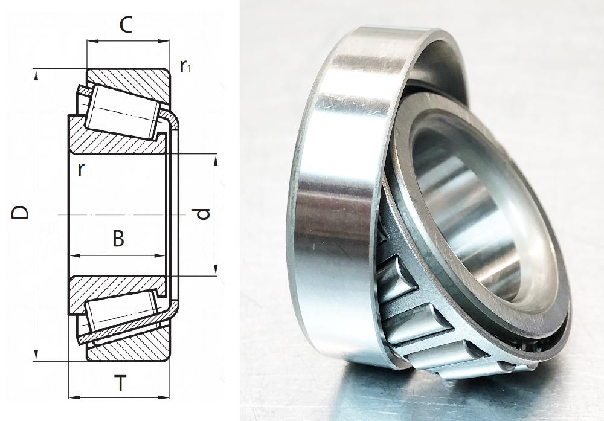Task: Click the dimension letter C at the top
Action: [126, 25]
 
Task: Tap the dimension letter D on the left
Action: [20, 213]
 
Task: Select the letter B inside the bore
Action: [118, 239]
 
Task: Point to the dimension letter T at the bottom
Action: [121, 383]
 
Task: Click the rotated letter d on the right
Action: [203, 213]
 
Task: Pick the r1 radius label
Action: [185, 67]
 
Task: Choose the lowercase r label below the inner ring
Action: [80, 170]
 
